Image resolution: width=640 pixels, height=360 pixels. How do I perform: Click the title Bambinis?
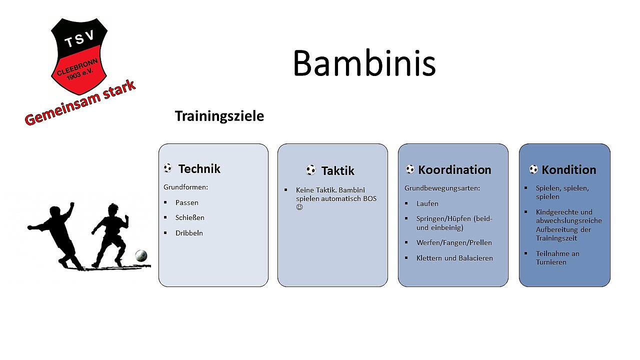click(364, 63)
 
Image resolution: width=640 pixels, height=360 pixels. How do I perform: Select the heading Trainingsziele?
click(219, 116)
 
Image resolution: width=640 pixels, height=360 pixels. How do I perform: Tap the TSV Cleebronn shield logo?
click(79, 56)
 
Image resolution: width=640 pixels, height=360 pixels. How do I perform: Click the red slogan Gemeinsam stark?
click(80, 103)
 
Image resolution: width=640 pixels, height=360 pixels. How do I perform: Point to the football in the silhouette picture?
click(141, 255)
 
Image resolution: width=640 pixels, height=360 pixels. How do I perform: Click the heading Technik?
click(199, 169)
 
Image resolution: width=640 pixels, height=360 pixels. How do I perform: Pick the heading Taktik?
click(337, 171)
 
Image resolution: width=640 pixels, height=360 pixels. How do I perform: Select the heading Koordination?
click(454, 169)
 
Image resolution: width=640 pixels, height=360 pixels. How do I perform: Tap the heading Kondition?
click(569, 169)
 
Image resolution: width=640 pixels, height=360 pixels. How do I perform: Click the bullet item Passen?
click(187, 202)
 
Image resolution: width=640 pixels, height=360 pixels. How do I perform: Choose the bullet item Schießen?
click(189, 217)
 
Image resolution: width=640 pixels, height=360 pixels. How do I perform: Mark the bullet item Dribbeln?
click(189, 233)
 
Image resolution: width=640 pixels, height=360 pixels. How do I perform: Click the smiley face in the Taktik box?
click(299, 207)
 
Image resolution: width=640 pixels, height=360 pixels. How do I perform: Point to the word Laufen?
click(427, 203)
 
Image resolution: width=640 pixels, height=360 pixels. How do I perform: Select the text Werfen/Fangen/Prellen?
click(454, 242)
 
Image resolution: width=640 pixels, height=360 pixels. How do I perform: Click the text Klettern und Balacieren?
click(454, 258)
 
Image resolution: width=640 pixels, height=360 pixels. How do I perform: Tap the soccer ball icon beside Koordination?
click(410, 169)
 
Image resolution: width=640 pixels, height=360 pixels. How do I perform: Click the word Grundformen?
click(185, 187)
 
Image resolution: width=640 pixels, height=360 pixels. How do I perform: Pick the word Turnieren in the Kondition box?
click(551, 262)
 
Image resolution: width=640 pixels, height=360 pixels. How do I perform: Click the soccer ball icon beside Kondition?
click(533, 169)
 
